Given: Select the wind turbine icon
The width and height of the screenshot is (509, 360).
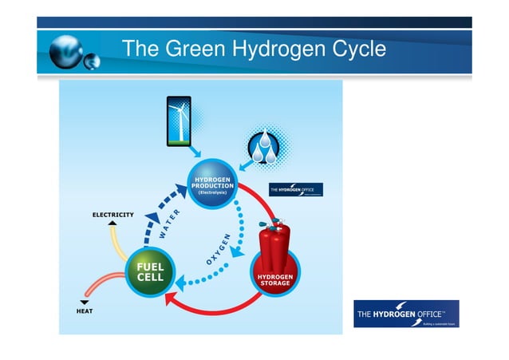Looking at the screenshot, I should tap(179, 121).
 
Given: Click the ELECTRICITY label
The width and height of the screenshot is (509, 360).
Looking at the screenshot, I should tap(112, 214).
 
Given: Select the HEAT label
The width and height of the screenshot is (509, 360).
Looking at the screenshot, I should tap(84, 310).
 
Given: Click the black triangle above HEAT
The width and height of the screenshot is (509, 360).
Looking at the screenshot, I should tap(84, 302).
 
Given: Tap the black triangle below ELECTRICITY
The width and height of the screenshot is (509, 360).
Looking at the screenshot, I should tap(112, 223).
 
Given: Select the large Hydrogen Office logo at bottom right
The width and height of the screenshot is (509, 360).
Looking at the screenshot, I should tap(405, 313).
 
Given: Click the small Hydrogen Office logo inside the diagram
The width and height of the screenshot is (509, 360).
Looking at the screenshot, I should tap(295, 189).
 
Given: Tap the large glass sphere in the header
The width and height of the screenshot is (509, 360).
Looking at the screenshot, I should tap(65, 52).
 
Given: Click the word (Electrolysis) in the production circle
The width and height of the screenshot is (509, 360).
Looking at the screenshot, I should tap(212, 193).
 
